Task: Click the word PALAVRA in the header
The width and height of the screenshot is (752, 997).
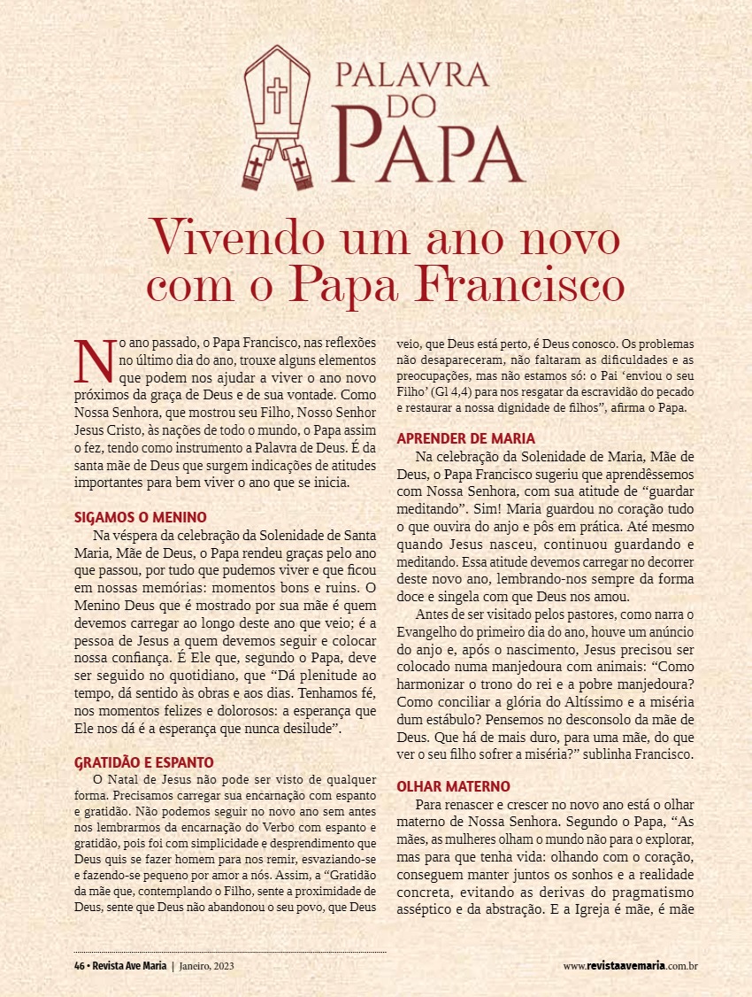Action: click(x=411, y=73)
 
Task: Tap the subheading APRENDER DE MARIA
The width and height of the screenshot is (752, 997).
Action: click(x=465, y=438)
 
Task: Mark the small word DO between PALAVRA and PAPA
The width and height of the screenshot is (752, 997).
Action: click(x=411, y=104)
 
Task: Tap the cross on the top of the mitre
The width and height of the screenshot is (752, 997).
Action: click(x=278, y=93)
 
